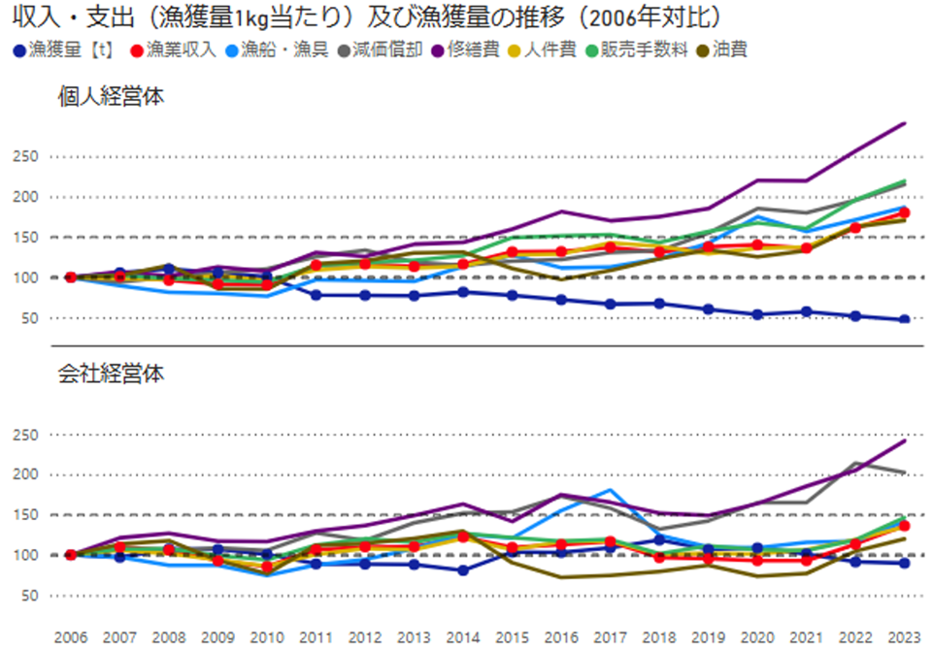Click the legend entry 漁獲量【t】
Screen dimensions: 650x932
(58, 49)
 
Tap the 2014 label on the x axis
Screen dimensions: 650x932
(463, 637)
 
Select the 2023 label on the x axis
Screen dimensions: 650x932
(903, 637)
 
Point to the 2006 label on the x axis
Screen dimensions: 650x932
(71, 637)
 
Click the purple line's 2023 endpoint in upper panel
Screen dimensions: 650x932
(904, 123)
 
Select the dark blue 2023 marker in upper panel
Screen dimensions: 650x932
(904, 319)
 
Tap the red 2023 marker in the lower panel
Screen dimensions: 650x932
(904, 526)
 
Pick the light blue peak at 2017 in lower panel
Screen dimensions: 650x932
(609, 490)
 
